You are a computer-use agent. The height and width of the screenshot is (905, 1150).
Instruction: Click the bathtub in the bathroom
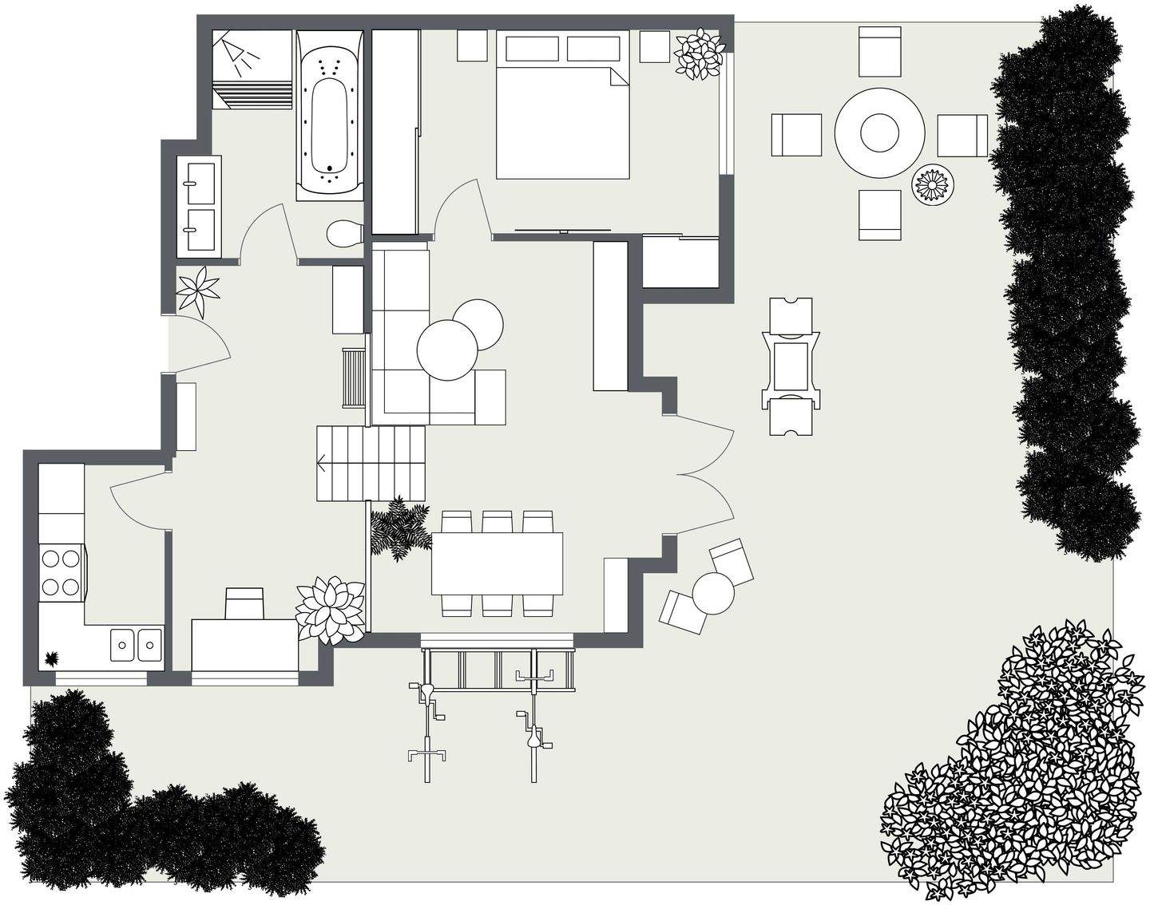coord(329,116)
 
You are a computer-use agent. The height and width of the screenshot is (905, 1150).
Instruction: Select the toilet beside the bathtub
coord(345,233)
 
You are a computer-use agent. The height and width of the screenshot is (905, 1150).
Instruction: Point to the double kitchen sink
coord(137,645)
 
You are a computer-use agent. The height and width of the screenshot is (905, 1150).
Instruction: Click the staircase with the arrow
coord(371,462)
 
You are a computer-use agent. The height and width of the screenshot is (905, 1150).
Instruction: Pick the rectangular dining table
coord(497,563)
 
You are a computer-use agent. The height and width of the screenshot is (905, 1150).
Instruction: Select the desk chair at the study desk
coord(245,603)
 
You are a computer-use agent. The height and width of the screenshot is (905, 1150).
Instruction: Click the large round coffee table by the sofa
coord(447,350)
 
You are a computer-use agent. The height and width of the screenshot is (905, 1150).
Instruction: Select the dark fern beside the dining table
coord(399,528)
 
